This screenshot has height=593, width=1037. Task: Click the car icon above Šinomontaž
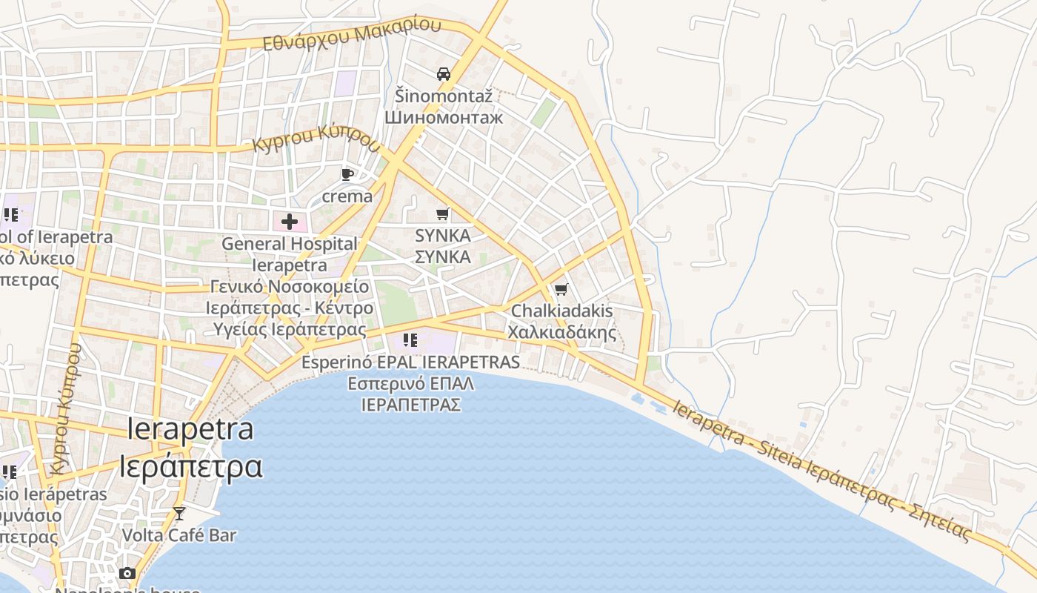(444, 74)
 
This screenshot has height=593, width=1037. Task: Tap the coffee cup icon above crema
(347, 175)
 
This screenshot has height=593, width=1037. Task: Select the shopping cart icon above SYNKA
(442, 214)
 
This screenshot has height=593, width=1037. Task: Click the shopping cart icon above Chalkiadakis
(561, 289)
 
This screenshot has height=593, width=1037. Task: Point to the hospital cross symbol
(289, 221)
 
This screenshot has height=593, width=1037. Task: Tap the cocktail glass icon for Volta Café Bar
(179, 513)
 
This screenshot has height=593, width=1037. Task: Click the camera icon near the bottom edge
(127, 573)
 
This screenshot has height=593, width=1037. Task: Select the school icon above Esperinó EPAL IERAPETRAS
(410, 340)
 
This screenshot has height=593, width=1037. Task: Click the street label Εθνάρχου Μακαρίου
(352, 34)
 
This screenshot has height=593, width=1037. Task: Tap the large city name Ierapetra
(190, 429)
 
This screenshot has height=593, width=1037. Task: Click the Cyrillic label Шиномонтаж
(443, 117)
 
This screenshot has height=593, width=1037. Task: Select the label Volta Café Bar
(179, 534)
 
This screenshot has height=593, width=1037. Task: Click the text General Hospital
(289, 243)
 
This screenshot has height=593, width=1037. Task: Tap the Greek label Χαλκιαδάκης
(561, 331)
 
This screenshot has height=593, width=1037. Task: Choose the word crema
(347, 196)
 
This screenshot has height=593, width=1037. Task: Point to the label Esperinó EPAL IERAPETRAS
(410, 362)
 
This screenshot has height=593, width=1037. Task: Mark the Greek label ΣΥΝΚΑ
(442, 257)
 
